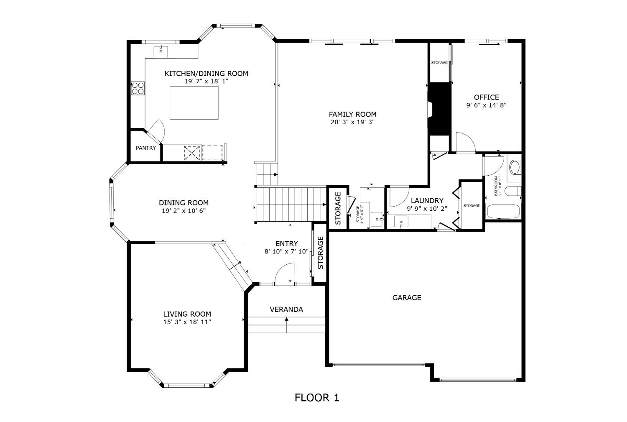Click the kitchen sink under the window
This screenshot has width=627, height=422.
[161, 51]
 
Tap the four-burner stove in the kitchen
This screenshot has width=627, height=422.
[138, 88]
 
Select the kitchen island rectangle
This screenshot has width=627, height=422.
[194, 102]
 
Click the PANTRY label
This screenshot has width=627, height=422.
[145, 148]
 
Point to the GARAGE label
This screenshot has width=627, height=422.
[406, 298]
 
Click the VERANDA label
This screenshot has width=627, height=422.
[286, 309]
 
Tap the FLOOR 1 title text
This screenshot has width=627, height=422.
[316, 397]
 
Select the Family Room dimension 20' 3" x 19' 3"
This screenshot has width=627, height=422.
[352, 122]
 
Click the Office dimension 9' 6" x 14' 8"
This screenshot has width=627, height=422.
[486, 105]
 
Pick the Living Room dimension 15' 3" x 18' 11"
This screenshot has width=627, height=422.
[187, 322]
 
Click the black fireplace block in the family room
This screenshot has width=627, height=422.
[439, 109]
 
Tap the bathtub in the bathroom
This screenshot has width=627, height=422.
[503, 212]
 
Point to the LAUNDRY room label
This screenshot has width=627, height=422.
[427, 201]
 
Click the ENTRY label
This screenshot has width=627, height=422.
[287, 243]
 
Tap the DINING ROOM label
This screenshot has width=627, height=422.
[184, 203]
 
